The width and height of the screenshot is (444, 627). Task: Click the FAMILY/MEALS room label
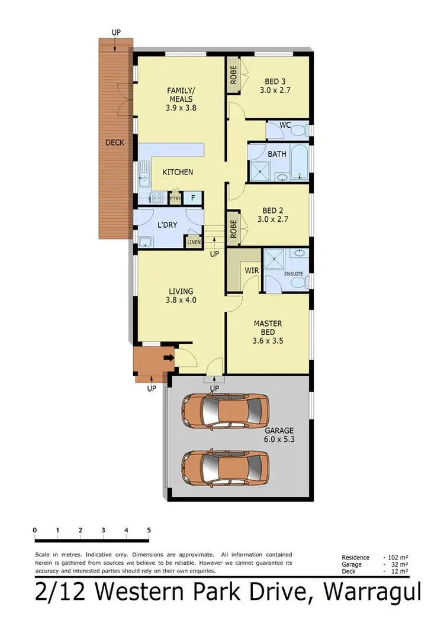[181, 95]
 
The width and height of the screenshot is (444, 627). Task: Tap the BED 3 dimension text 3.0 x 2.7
[274, 91]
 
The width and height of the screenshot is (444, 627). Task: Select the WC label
[285, 125]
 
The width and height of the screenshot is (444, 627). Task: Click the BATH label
[276, 154]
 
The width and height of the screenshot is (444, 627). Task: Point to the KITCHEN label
[178, 172]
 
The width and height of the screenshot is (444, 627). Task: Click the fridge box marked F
[192, 198]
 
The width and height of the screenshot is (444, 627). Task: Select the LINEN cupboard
[193, 242]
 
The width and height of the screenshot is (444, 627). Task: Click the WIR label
[250, 270]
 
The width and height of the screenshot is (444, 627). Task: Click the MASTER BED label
[268, 328]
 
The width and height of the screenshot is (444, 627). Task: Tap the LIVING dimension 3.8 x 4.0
[181, 300]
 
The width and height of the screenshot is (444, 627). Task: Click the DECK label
[115, 143]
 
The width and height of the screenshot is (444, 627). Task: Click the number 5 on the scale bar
[149, 530]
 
